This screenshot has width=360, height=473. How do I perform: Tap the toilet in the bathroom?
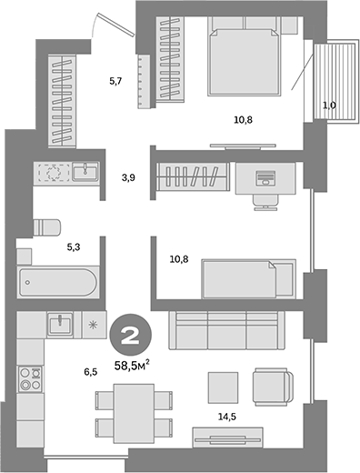pos(46,227)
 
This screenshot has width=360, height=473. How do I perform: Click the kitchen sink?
pos(61,322)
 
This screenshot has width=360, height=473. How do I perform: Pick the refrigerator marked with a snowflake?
pos(93,324)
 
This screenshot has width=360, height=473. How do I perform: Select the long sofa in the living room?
pos(231,329)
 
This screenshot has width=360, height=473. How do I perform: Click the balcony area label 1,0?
pos(329,105)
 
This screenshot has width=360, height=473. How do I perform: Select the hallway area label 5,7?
pos(115,82)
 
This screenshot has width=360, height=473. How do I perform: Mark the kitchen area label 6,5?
pos(90,372)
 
